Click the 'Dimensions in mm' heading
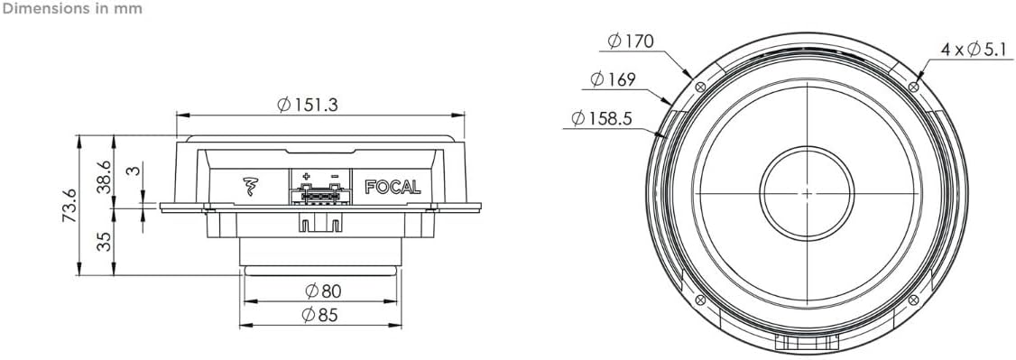pyautogui.click(x=71, y=8)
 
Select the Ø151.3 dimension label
pyautogui.click(x=308, y=105)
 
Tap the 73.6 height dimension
pyautogui.click(x=69, y=206)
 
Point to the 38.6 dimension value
pyautogui.click(x=105, y=174)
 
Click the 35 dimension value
pyautogui.click(x=105, y=241)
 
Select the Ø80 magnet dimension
pyautogui.click(x=323, y=291)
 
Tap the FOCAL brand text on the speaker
pyautogui.click(x=393, y=187)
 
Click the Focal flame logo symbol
pyautogui.click(x=250, y=187)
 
